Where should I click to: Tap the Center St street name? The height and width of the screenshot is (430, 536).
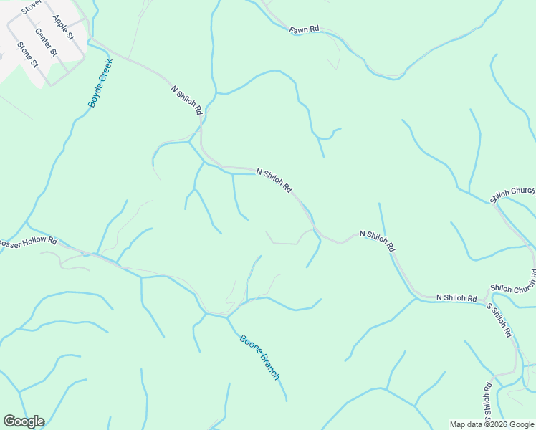pyautogui.click(x=45, y=43)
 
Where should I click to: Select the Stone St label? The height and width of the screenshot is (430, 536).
pyautogui.click(x=27, y=54)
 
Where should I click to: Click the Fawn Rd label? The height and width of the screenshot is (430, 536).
pyautogui.click(x=304, y=30)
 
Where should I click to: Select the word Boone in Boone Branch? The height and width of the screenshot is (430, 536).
pyautogui.click(x=250, y=346)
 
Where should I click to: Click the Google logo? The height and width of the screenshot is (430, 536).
pyautogui.click(x=24, y=421)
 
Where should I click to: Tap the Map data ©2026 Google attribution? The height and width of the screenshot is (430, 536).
pyautogui.click(x=491, y=424)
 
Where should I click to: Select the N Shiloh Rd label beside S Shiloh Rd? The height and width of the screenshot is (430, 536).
pyautogui.click(x=456, y=297)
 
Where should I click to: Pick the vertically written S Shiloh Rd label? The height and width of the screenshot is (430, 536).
pyautogui.click(x=487, y=401)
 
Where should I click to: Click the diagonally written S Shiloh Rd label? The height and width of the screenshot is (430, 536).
pyautogui.click(x=500, y=320)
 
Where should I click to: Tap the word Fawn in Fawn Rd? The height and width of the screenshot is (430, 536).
pyautogui.click(x=299, y=30)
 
